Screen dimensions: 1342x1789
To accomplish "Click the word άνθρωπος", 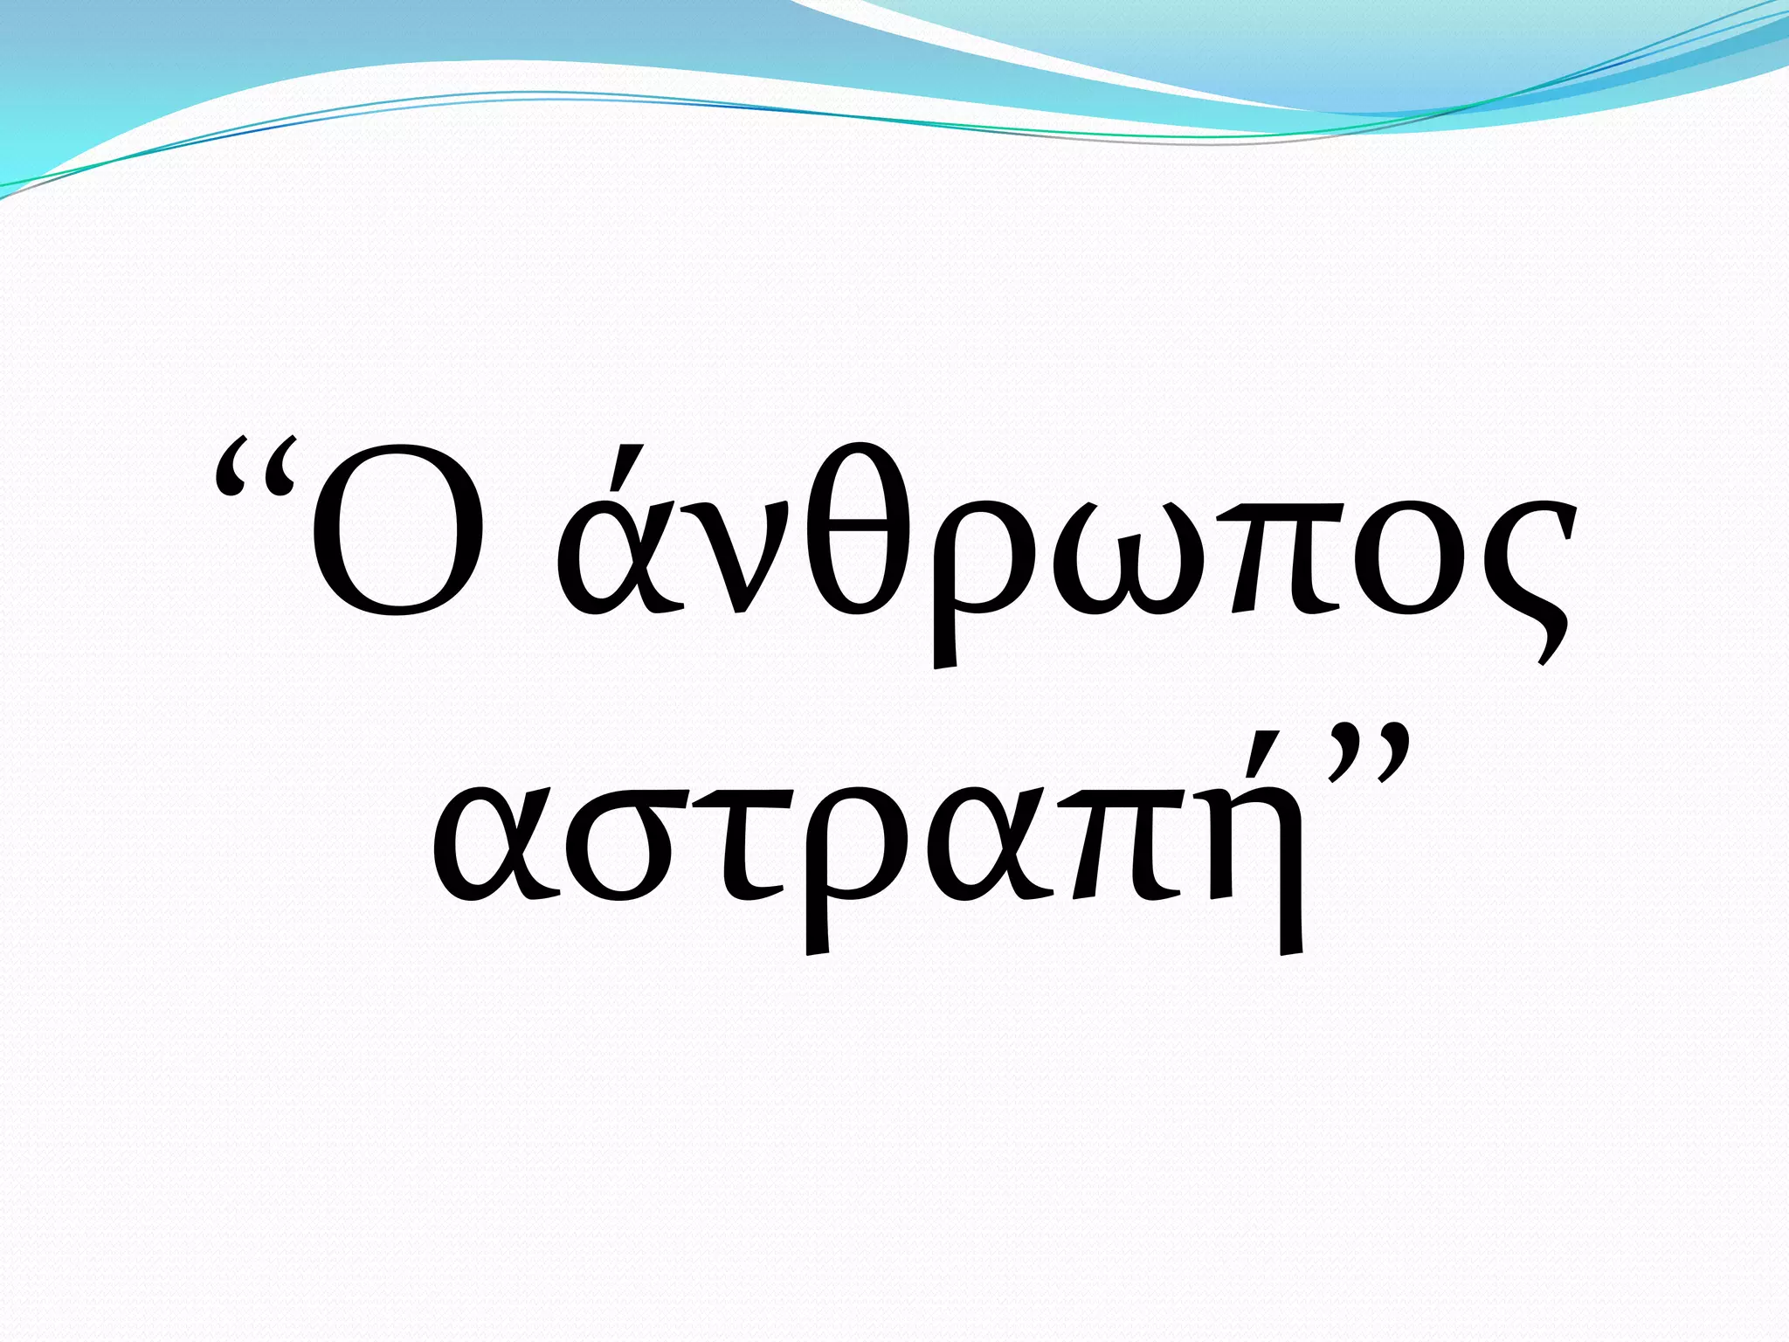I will (1066, 550).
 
